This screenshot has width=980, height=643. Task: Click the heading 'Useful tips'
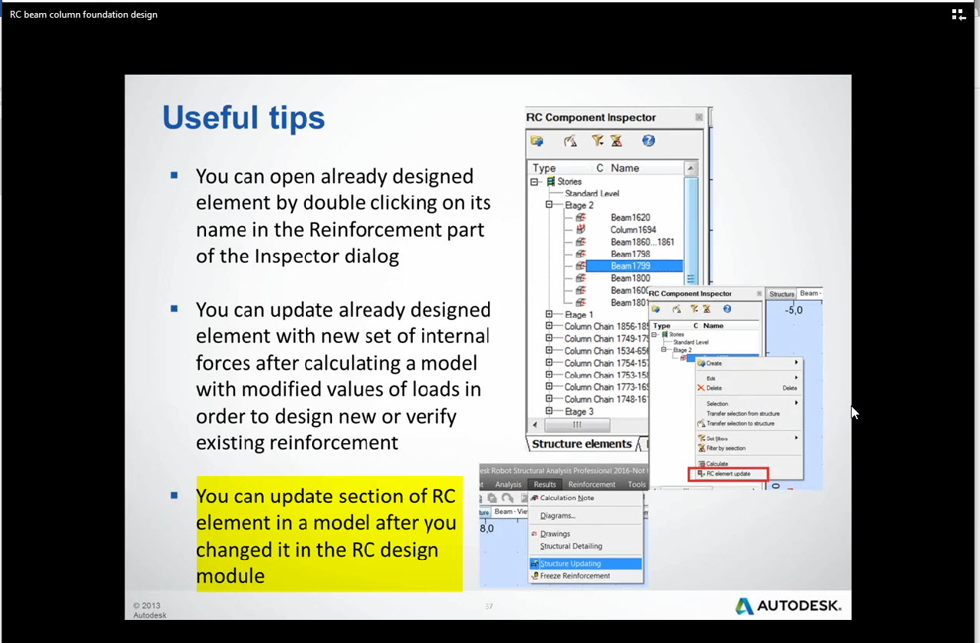244,118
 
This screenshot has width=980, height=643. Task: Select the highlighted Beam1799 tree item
630,266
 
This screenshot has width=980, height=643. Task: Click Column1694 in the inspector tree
633,229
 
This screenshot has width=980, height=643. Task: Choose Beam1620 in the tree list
630,218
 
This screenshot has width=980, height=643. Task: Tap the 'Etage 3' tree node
580,411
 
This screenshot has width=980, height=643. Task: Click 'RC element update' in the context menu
728,474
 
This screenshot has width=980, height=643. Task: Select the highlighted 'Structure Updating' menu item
571,564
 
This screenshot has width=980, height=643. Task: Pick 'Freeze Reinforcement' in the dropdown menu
575,575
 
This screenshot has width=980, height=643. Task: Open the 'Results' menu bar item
544,485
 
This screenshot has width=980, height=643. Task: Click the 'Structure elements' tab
581,444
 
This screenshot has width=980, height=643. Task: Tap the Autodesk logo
788,605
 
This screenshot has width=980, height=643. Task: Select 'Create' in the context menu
713,363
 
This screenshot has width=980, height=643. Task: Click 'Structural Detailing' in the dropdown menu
571,546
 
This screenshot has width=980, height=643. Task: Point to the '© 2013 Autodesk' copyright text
148,610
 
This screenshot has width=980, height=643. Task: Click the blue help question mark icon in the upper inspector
649,141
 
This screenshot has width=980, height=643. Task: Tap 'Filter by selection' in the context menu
726,448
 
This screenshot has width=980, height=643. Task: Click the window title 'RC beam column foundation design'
84,15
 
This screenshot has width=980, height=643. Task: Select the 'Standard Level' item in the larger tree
592,194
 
